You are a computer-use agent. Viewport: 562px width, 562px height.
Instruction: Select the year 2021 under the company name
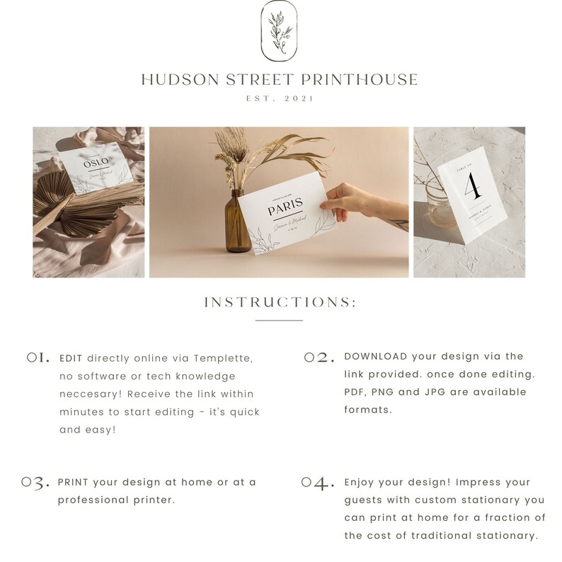(299, 100)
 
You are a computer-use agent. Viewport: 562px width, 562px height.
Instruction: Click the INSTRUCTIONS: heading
(280, 302)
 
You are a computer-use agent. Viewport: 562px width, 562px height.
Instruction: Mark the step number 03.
(36, 483)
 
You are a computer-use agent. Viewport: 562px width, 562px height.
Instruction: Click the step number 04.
(317, 483)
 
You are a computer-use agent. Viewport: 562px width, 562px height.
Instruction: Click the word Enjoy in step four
(360, 482)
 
